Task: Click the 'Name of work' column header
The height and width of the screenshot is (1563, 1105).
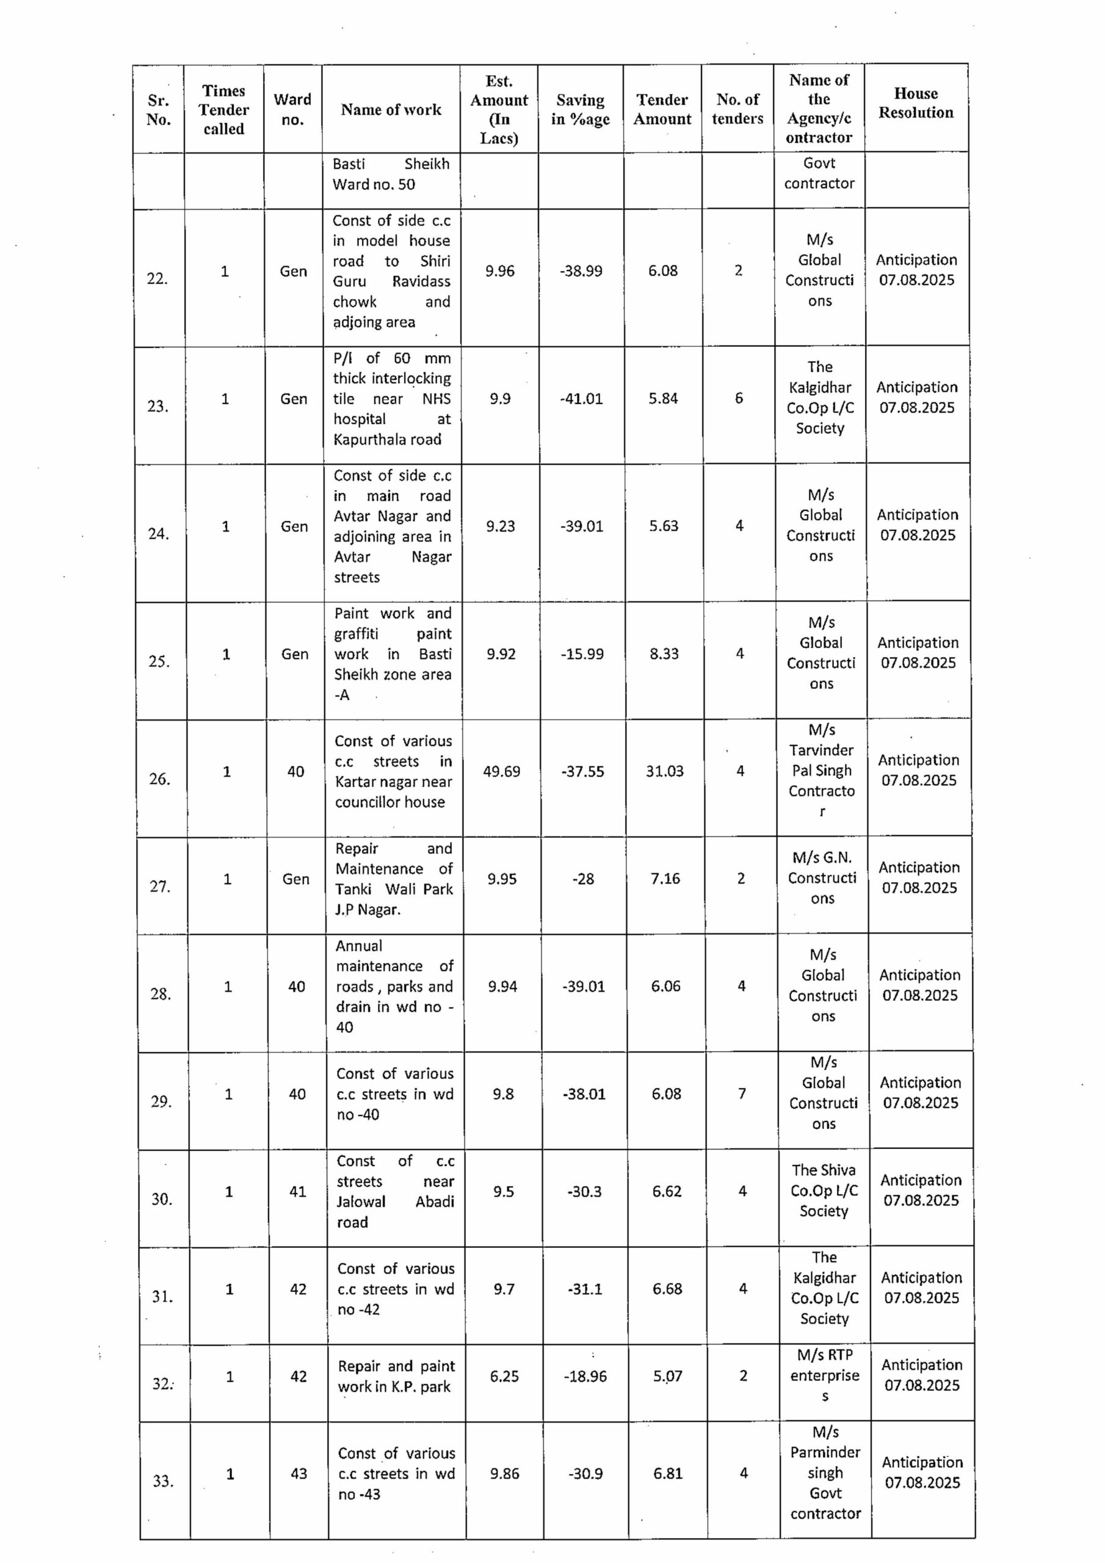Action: point(391,110)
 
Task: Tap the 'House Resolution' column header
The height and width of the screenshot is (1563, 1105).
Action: point(916,103)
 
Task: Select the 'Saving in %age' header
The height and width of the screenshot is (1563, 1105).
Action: point(580,110)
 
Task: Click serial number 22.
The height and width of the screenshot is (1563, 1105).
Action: point(158,278)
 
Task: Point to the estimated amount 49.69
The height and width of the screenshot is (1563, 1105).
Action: point(501,771)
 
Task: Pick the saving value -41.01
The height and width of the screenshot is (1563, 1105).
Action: point(581,399)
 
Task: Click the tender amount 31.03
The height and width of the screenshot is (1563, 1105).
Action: point(664,771)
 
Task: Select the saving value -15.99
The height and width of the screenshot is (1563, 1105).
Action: point(582,654)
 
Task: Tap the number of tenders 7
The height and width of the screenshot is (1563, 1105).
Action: point(742,1094)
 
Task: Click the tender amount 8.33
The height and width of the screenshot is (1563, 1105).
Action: point(664,654)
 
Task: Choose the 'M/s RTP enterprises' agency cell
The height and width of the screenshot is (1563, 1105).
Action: point(825,1376)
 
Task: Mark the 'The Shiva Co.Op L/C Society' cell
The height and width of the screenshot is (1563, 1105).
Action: point(824,1191)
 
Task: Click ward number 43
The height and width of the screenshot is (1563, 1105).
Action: point(299,1474)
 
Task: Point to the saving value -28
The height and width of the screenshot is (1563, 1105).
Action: point(584,879)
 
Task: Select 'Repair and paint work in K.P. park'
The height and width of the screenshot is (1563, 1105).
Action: point(395,1376)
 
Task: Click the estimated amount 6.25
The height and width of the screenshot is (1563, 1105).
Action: point(504,1376)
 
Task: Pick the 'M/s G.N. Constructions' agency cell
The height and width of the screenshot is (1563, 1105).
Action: point(822,878)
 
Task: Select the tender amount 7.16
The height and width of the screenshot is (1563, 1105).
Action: point(665,879)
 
